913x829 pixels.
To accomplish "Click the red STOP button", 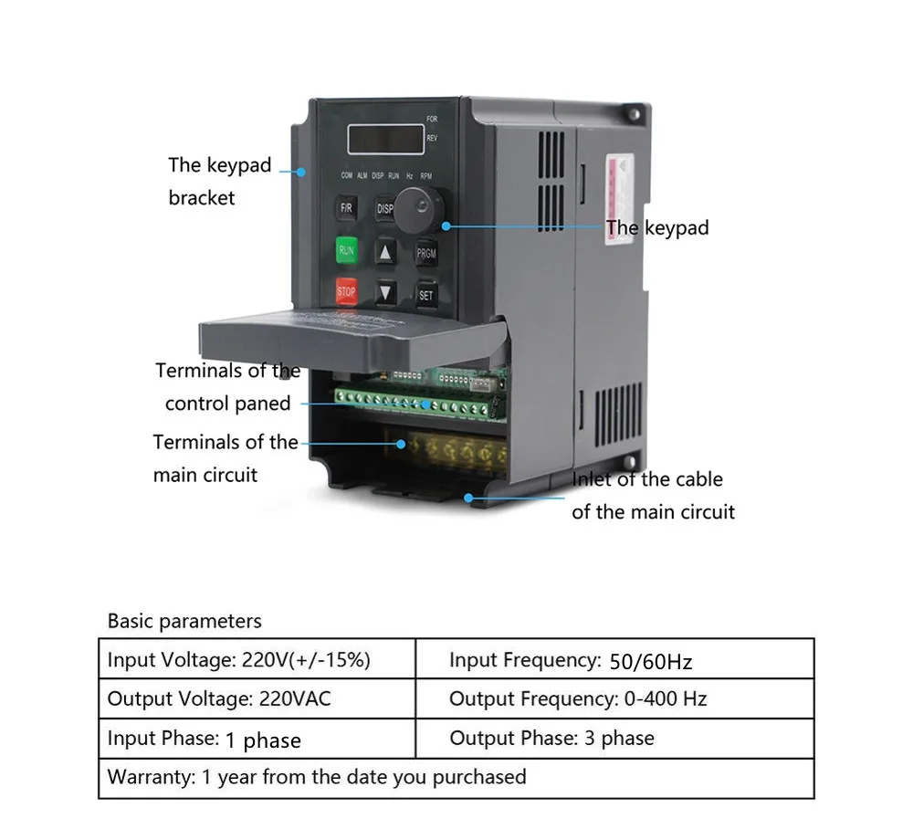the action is click(x=346, y=290).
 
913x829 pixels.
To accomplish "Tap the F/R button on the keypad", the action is click(x=346, y=207).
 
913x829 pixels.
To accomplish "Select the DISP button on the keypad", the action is click(x=385, y=208).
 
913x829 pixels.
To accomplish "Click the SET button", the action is click(x=425, y=294).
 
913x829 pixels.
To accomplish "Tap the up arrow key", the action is click(x=386, y=253).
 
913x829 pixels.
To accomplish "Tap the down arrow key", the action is click(x=386, y=293).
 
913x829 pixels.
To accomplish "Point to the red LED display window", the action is click(x=384, y=140).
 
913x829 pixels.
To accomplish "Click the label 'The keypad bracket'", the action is click(x=219, y=181).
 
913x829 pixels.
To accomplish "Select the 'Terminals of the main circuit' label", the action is click(x=225, y=458).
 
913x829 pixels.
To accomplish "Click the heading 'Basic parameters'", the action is click(x=184, y=621).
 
